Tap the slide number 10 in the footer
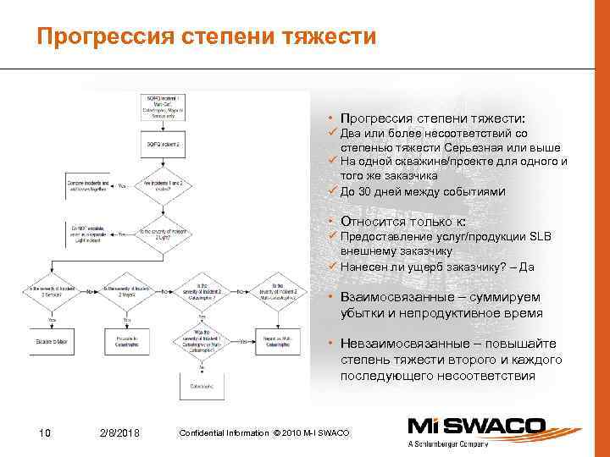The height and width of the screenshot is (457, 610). click(x=46, y=433)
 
